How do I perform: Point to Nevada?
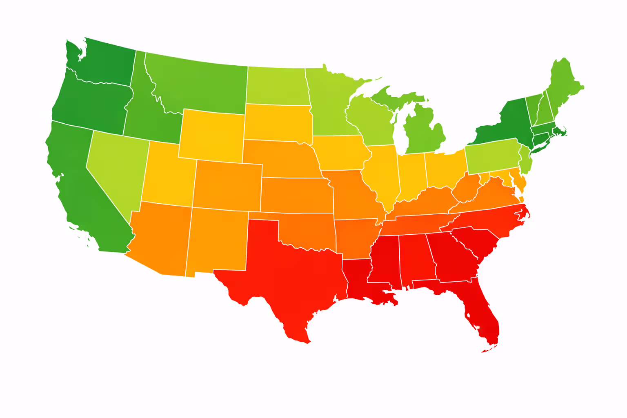[x=118, y=167]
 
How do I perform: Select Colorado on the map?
[x=227, y=186]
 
